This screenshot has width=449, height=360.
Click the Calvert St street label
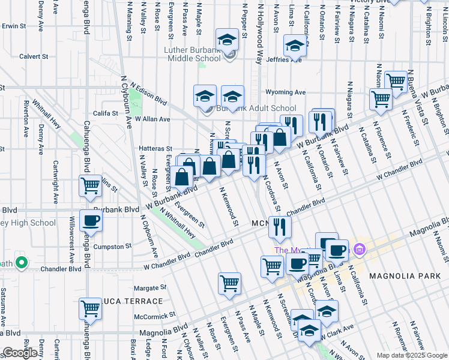click(33, 57)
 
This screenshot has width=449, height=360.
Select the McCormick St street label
click(154, 314)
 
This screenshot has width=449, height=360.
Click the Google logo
click(20, 353)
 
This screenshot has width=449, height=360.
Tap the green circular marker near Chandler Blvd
click(21, 263)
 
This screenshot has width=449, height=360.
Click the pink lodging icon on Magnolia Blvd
click(359, 248)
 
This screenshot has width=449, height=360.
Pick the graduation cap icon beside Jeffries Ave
click(295, 44)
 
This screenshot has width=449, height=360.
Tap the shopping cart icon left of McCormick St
click(90, 309)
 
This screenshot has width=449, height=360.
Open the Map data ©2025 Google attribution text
click(412, 355)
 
